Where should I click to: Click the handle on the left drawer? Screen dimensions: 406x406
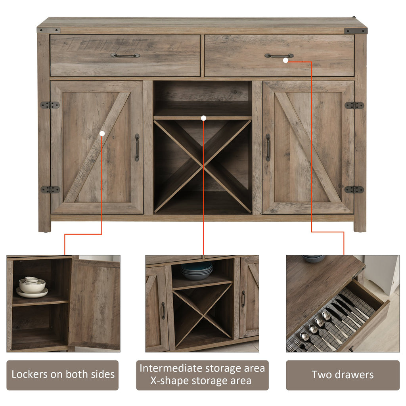pyautogui.click(x=125, y=55)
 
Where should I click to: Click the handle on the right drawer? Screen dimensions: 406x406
pyautogui.click(x=279, y=56)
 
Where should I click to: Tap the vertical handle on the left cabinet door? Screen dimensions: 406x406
pyautogui.click(x=137, y=147)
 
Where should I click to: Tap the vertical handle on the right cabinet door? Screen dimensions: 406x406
pyautogui.click(x=268, y=147)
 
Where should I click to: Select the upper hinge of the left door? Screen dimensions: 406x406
pyautogui.click(x=50, y=105)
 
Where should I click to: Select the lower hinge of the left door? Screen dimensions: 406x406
pyautogui.click(x=50, y=190)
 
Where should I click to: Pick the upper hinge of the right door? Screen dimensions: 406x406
pyautogui.click(x=354, y=105)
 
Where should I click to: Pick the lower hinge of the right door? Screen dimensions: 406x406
pyautogui.click(x=354, y=190)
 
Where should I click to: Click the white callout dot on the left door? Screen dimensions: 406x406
pyautogui.click(x=102, y=134)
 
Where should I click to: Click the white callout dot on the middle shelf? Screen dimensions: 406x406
pyautogui.click(x=203, y=118)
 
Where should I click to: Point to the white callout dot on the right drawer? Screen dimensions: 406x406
pyautogui.click(x=285, y=60)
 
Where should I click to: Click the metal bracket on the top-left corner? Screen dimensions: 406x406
pyautogui.click(x=49, y=30)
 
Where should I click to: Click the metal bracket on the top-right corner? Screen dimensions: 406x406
pyautogui.click(x=356, y=31)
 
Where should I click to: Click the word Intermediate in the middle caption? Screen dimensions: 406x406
pyautogui.click(x=171, y=368)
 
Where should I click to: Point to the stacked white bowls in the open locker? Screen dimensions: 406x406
pyautogui.click(x=32, y=287)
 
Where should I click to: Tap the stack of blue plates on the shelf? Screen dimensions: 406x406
pyautogui.click(x=197, y=271)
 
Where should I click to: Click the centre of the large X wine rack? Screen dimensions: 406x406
pyautogui.click(x=203, y=166)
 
